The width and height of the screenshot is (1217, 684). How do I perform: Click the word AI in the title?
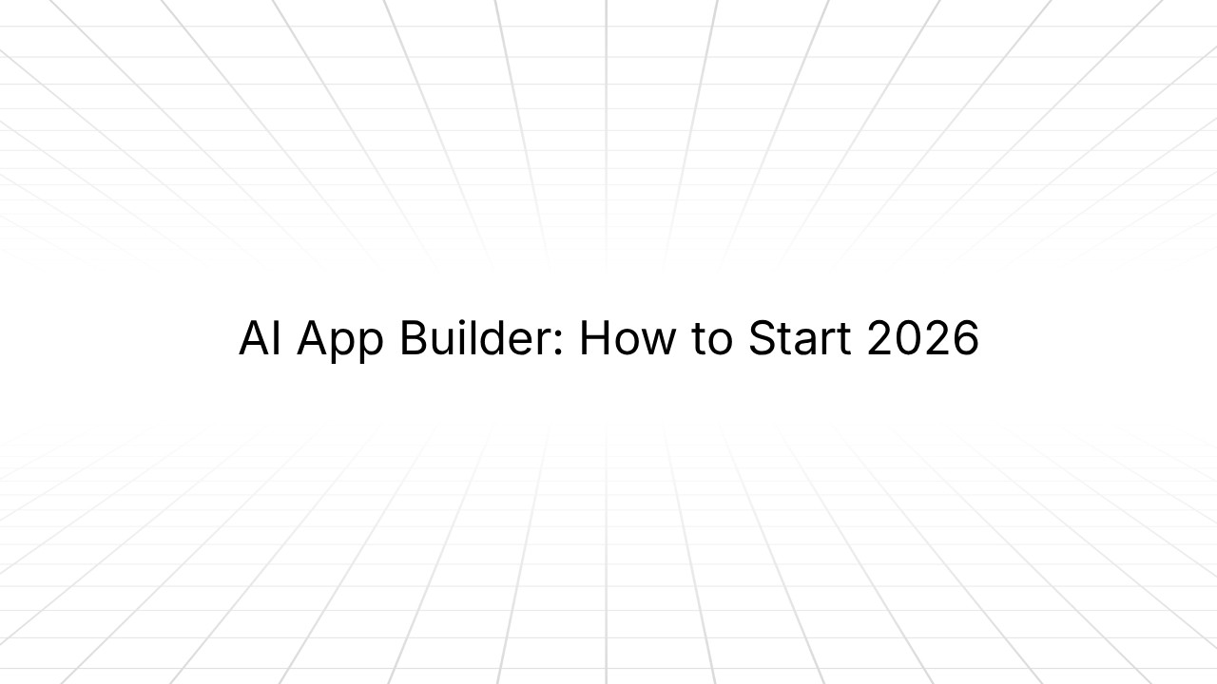[x=260, y=339]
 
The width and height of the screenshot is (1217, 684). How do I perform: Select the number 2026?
[x=922, y=339]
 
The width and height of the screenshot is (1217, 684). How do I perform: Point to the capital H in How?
[x=593, y=339]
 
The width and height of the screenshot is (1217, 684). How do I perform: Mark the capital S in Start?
[x=762, y=339]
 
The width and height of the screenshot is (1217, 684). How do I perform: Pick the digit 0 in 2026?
[x=909, y=339]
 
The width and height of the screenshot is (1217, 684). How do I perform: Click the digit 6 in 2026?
[x=966, y=339]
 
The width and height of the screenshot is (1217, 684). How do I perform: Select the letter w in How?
[x=654, y=344]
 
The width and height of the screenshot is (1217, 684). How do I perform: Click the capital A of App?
[x=314, y=339]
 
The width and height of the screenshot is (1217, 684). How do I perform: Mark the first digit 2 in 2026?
[x=880, y=339]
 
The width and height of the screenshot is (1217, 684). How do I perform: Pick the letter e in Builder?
[x=524, y=344]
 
